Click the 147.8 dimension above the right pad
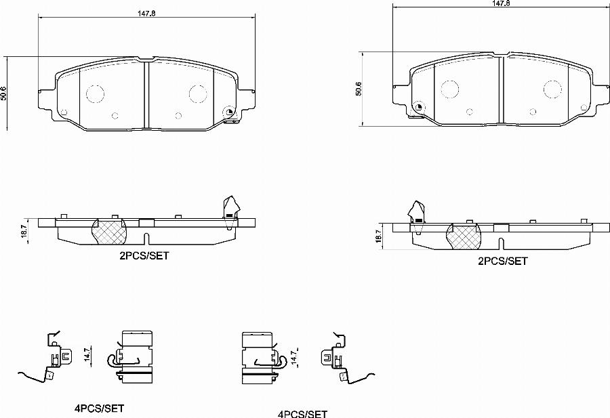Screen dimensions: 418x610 point(501,3)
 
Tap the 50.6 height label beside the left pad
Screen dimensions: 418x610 point(5,93)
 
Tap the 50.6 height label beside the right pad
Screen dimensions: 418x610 point(359,89)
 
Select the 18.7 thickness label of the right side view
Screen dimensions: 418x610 point(379,236)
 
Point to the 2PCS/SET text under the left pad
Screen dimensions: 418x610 point(144,256)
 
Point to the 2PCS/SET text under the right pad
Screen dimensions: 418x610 point(502,261)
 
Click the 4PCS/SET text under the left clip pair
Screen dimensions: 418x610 point(99,409)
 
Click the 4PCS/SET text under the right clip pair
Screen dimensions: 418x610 point(302,413)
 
